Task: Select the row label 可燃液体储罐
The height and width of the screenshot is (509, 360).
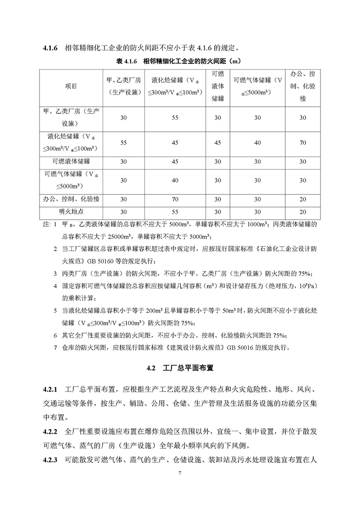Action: click(x=71, y=161)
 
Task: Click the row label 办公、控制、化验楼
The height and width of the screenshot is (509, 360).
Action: click(x=71, y=199)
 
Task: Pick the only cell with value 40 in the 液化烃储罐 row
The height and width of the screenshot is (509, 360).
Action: click(x=257, y=143)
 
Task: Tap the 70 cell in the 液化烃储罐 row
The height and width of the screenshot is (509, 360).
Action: click(x=302, y=143)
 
